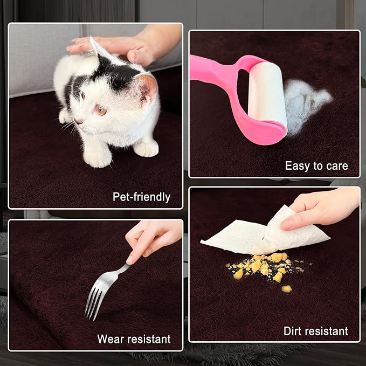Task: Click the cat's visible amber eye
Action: pyautogui.click(x=101, y=109)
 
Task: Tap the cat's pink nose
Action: pyautogui.click(x=78, y=121)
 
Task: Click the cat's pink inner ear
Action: pyautogui.click(x=148, y=89)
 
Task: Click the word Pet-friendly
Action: pyautogui.click(x=141, y=197)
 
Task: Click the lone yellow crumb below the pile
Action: pyautogui.click(x=287, y=289)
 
